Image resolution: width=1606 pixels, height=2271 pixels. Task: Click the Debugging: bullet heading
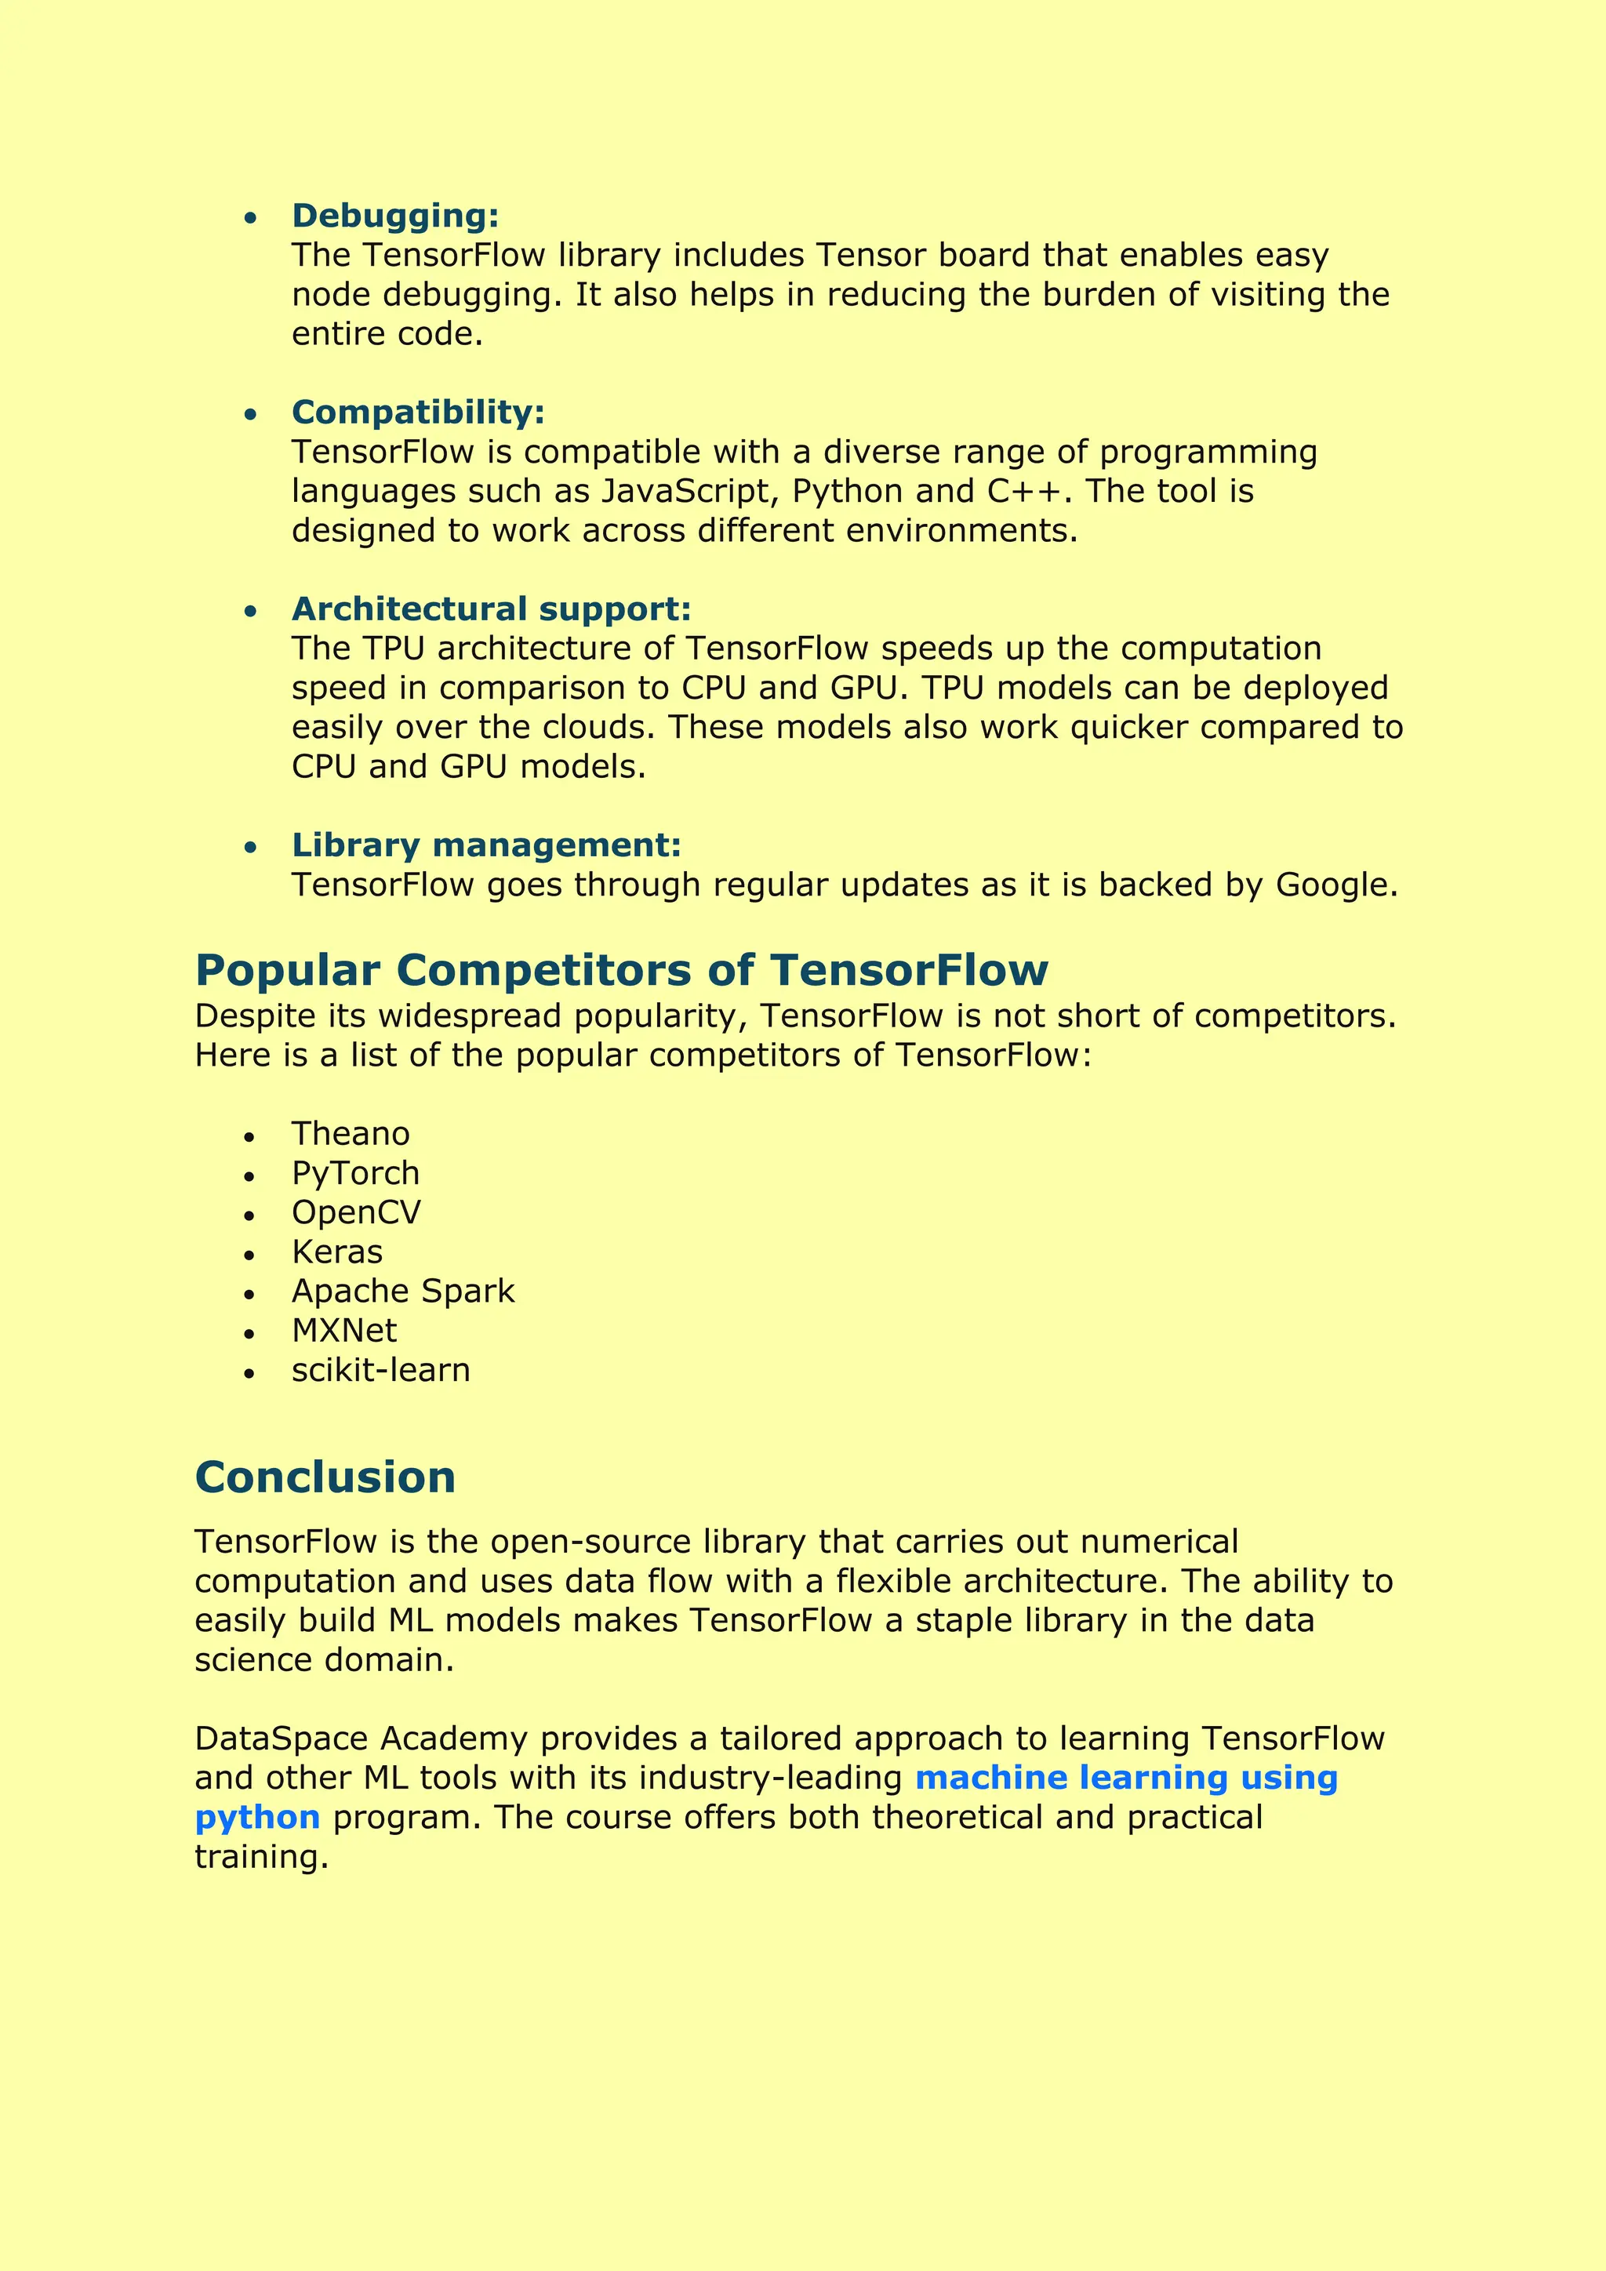coord(394,216)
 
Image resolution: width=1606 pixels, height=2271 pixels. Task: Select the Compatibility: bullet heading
coord(417,412)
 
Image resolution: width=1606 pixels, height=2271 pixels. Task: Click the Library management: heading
coord(485,845)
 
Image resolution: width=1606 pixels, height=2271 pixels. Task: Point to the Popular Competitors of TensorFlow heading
coord(621,970)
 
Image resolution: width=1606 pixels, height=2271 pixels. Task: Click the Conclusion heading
coord(325,1477)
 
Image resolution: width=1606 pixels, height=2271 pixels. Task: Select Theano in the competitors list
coord(350,1133)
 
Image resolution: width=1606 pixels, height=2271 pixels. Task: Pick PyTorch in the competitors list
coord(355,1173)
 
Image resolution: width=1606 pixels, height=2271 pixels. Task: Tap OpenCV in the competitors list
coord(356,1212)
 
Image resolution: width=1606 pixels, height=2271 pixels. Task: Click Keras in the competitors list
coord(336,1252)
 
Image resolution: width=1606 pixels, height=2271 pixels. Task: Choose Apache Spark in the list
coord(402,1291)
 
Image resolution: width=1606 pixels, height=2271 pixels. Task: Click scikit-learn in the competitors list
coord(381,1370)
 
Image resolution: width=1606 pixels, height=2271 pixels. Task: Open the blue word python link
coord(257,1818)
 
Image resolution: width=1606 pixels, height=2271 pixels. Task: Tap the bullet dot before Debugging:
coord(250,217)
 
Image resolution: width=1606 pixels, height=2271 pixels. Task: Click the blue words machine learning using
coord(1125,1778)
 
